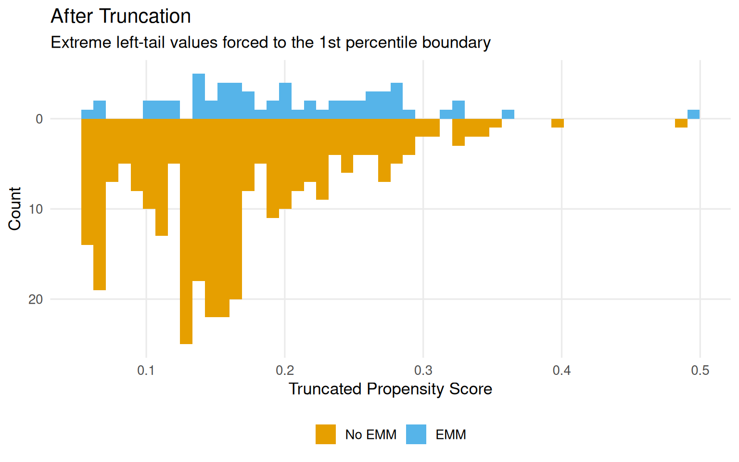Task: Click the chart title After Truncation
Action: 121,16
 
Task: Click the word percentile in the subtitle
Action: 382,43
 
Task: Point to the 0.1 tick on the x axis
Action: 146,370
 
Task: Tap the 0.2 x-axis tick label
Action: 284,370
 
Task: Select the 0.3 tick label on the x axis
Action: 423,370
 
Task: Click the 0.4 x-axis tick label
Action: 561,370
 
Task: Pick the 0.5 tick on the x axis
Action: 700,370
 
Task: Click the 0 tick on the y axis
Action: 39,119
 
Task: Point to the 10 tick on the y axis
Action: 36,209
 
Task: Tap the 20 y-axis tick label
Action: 36,299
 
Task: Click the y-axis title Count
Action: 15,209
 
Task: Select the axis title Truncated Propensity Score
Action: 390,389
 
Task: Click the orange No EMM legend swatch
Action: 326,435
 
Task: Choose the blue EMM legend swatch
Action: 416,435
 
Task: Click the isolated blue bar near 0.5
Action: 693,115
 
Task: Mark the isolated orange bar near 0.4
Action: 558,123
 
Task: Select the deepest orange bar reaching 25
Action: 186,231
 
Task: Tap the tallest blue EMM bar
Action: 199,96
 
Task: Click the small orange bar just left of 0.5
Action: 681,123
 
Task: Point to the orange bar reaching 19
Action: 100,205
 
